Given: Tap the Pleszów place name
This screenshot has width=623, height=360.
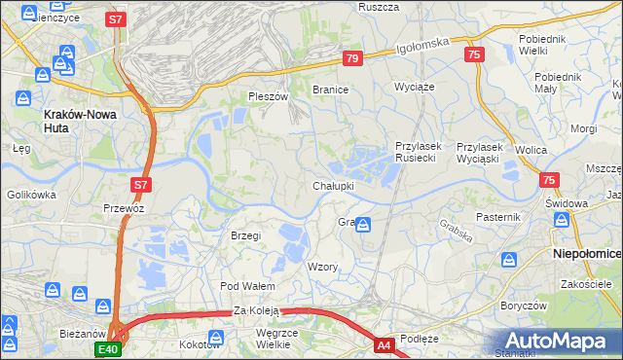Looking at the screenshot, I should (x=269, y=96).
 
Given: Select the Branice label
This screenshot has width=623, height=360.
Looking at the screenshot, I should (x=330, y=90).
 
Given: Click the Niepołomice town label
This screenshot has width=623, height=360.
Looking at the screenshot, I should (x=587, y=253).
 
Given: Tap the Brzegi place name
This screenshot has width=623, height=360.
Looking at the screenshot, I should (x=246, y=235).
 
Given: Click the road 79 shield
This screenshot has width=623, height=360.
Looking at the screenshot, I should (x=352, y=59).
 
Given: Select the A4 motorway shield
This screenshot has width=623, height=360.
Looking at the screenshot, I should (x=385, y=343).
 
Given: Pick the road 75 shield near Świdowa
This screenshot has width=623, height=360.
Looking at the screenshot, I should (x=550, y=180).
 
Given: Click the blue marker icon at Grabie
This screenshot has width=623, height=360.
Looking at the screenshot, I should (x=362, y=226).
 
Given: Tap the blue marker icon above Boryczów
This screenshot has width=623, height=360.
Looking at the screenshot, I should (x=509, y=260).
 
